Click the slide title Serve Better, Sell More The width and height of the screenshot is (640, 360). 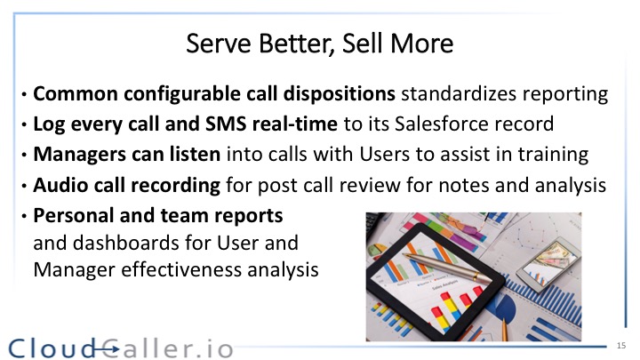point(320,44)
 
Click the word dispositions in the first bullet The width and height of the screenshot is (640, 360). point(340,94)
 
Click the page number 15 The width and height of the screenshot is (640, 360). point(621,346)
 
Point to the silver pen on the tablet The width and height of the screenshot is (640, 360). point(447,267)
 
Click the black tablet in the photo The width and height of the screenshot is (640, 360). point(435,283)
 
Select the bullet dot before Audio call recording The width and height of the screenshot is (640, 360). point(25,186)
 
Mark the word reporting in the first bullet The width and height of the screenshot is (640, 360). point(565,94)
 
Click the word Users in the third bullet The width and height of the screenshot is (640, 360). point(384,155)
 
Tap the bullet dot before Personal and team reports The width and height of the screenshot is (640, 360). point(25,216)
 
